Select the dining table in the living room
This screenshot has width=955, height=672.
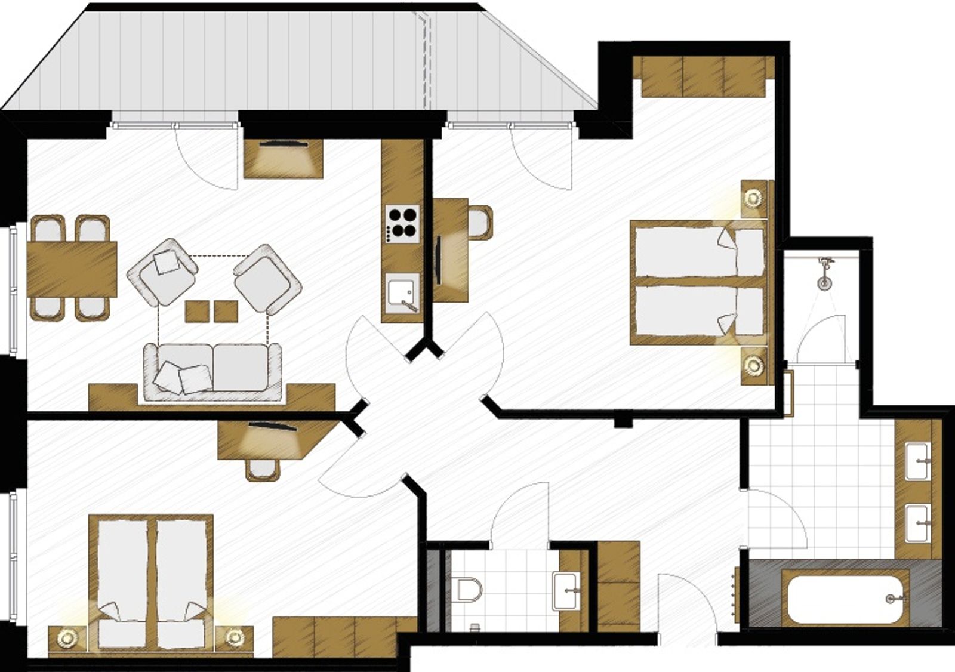72,269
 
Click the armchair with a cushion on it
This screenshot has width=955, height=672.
162,272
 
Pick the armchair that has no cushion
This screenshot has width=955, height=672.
267,279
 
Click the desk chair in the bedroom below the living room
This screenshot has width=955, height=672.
263,469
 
